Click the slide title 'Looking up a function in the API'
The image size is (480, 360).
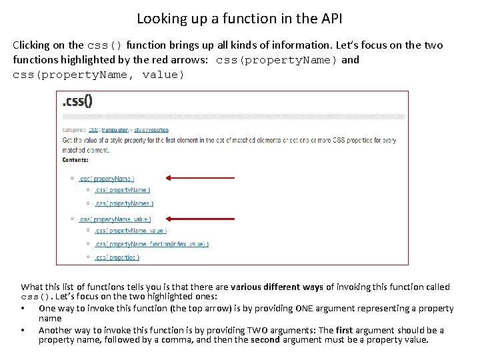click(239, 18)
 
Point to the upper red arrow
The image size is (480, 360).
click(200, 178)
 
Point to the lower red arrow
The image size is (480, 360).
click(200, 218)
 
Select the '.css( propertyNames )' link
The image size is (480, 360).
click(123, 203)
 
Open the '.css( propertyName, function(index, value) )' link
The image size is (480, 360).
click(151, 244)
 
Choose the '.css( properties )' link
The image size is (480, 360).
click(117, 257)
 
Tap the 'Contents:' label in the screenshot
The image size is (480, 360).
click(75, 160)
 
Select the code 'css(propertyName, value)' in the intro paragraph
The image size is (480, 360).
click(98, 75)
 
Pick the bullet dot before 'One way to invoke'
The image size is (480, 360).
click(23, 309)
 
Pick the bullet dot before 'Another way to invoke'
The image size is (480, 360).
click(23, 331)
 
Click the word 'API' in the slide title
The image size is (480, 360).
click(331, 18)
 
